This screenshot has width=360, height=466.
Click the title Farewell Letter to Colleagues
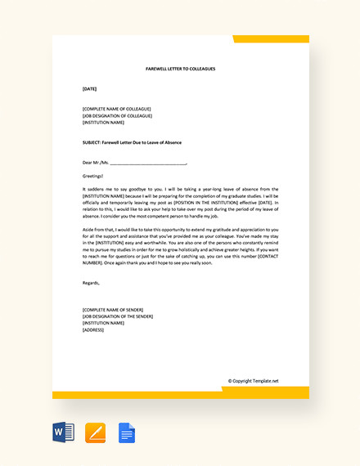[181, 69]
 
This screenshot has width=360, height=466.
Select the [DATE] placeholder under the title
[90, 88]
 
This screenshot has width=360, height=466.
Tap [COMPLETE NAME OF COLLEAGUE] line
[116, 109]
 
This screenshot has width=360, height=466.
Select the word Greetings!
[93, 176]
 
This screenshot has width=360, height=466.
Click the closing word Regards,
[92, 283]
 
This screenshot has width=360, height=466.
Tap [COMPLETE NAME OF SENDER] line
[113, 310]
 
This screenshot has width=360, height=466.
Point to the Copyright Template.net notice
[253, 381]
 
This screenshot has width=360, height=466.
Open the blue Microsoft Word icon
[63, 432]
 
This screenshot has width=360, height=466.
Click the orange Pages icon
[96, 432]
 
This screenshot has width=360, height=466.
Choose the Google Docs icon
[127, 432]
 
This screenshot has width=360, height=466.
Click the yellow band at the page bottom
[180, 395]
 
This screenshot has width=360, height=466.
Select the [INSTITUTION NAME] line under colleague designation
[105, 122]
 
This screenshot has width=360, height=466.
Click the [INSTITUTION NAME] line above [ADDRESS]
[105, 323]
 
